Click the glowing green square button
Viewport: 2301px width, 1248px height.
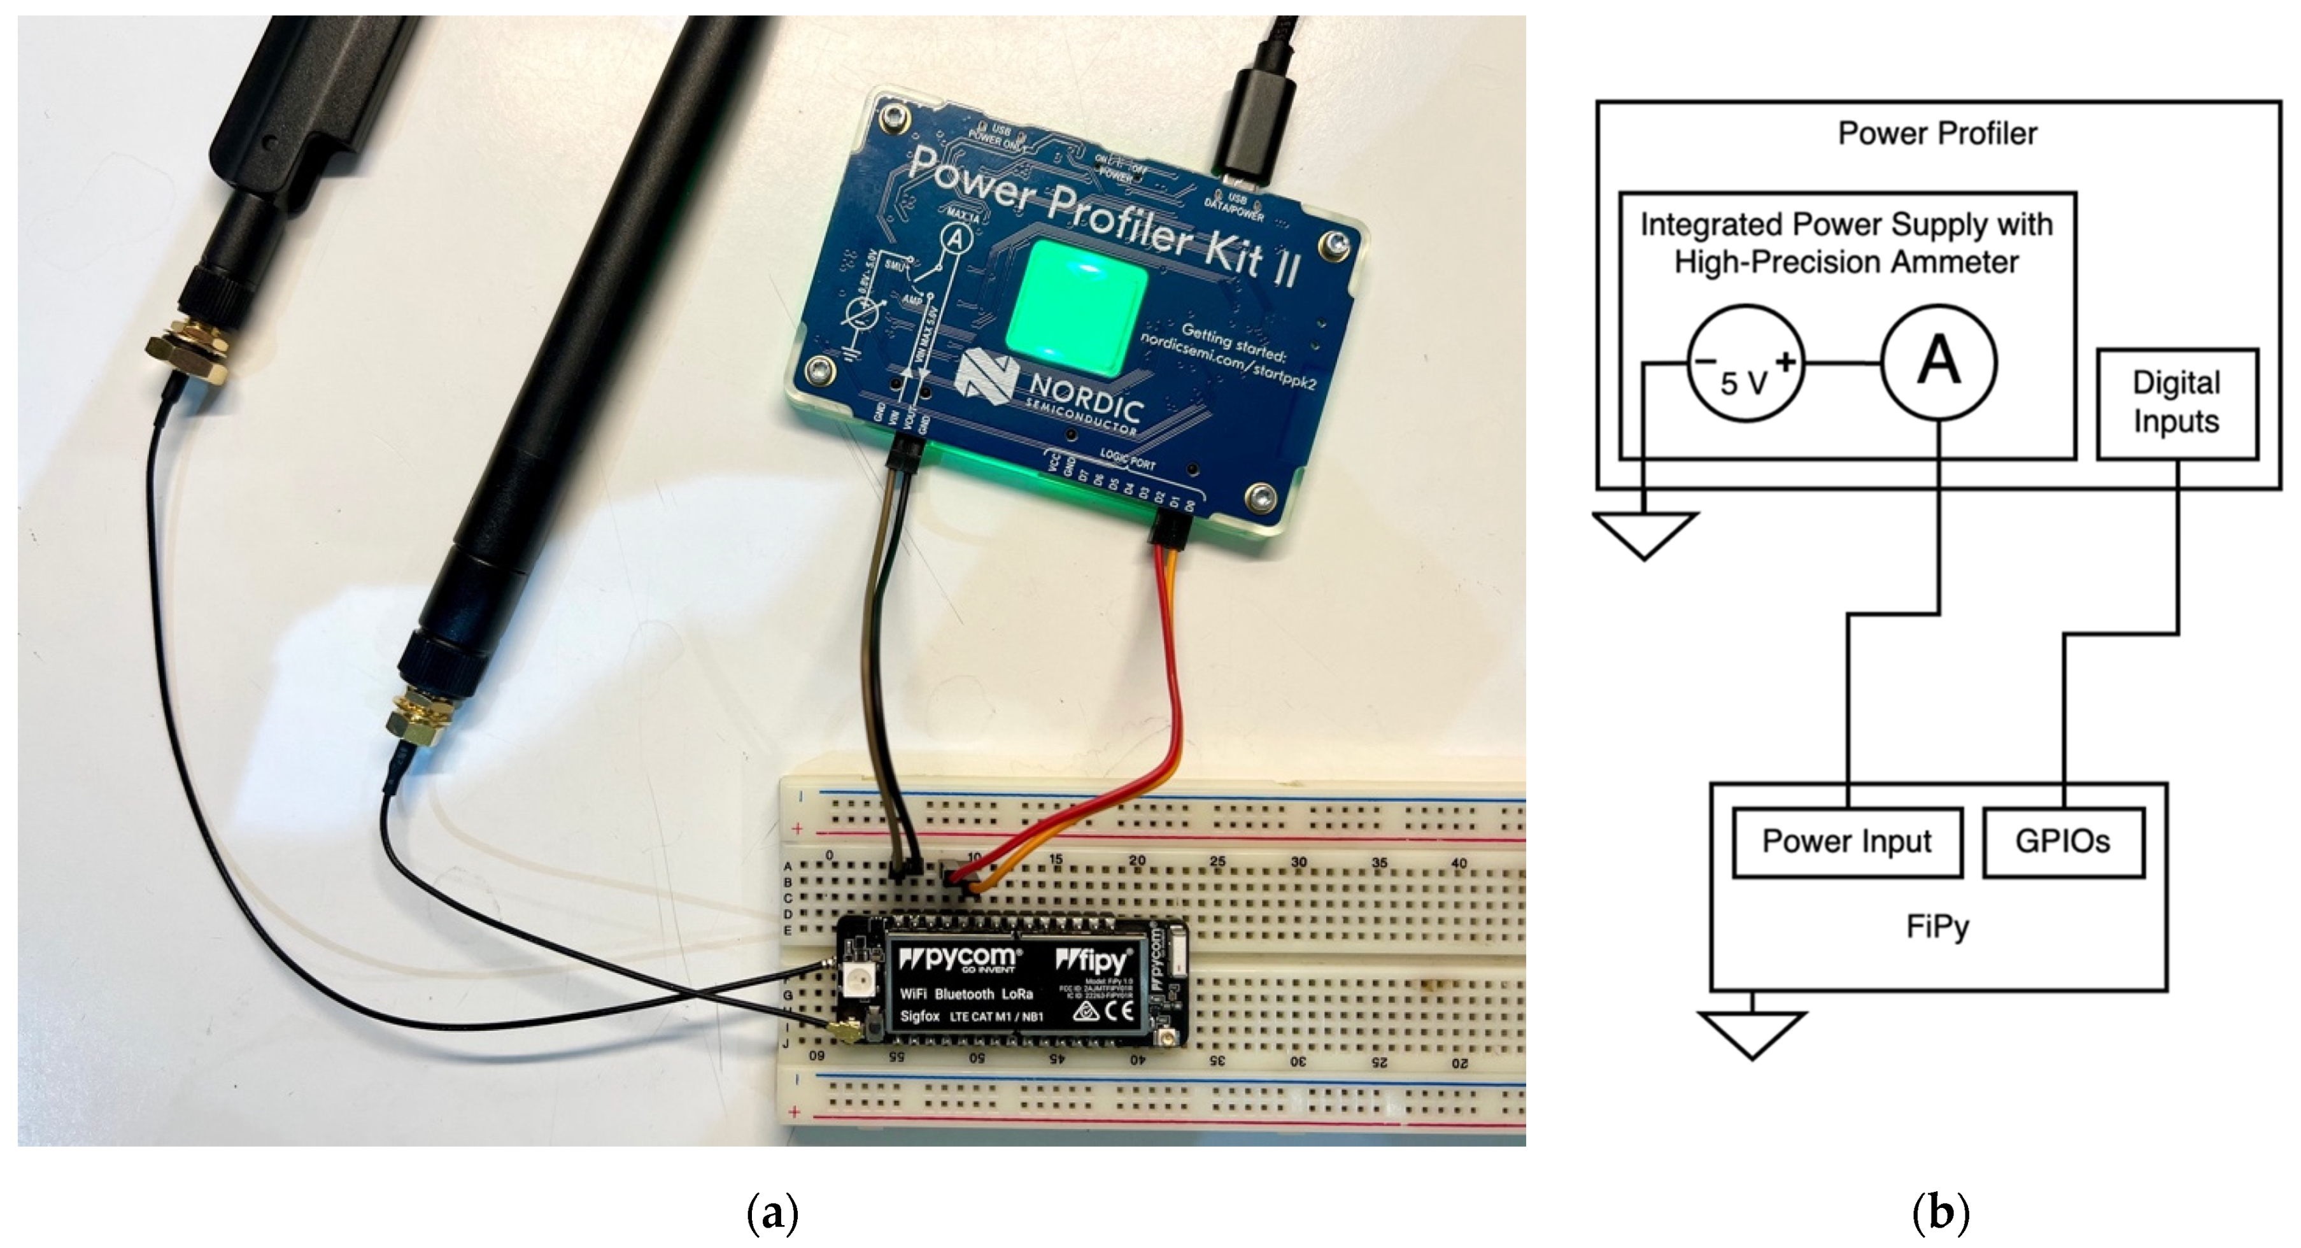click(x=1077, y=308)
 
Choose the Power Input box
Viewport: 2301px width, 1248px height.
click(x=1846, y=842)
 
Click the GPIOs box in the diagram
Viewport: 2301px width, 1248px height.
click(x=2062, y=842)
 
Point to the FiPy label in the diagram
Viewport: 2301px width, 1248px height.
click(x=1937, y=926)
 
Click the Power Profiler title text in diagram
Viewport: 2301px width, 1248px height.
click(x=1937, y=133)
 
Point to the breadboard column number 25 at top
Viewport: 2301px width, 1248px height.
click(x=1217, y=861)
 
